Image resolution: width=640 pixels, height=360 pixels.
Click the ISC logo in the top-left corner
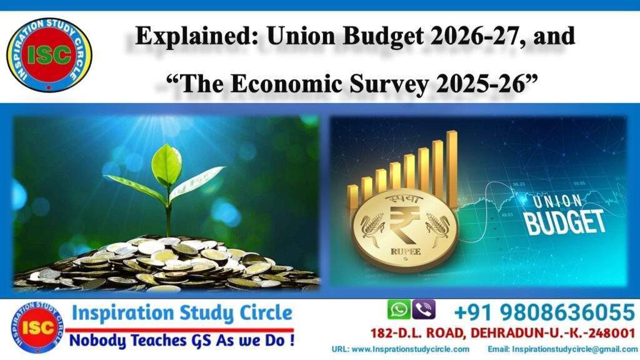click(49, 54)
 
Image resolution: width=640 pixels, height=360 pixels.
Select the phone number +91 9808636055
click(544, 311)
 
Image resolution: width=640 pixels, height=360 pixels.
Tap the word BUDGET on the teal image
click(565, 222)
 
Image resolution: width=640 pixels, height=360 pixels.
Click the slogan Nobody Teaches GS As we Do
click(181, 341)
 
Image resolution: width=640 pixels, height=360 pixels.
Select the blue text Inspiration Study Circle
click(181, 312)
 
